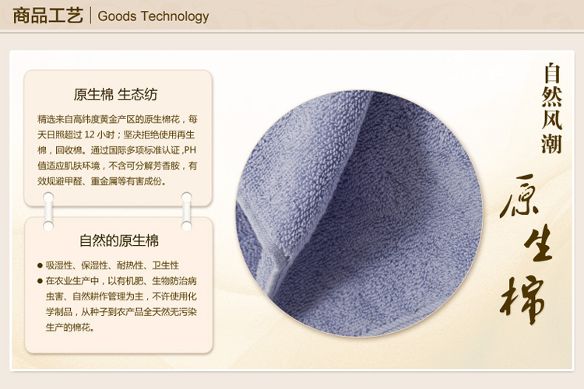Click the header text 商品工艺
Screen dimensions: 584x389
(x=47, y=16)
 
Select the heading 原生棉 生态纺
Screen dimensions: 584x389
(x=115, y=95)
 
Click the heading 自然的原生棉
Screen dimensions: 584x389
(x=119, y=240)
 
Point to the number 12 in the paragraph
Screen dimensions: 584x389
(x=90, y=135)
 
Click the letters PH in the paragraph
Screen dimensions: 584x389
(x=190, y=150)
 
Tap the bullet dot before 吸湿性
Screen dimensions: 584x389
(x=40, y=265)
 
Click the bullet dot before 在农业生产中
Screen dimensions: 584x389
(x=40, y=281)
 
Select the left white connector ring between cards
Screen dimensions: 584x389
(x=48, y=211)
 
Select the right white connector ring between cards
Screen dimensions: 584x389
(x=187, y=211)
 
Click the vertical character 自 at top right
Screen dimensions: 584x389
(x=552, y=73)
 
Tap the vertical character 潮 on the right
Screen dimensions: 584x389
(x=552, y=144)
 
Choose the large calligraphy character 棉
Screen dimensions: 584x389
(x=522, y=298)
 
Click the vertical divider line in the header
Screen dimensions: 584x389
(x=90, y=16)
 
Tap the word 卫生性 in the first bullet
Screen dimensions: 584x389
(x=165, y=265)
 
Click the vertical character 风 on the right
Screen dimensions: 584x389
(x=552, y=120)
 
